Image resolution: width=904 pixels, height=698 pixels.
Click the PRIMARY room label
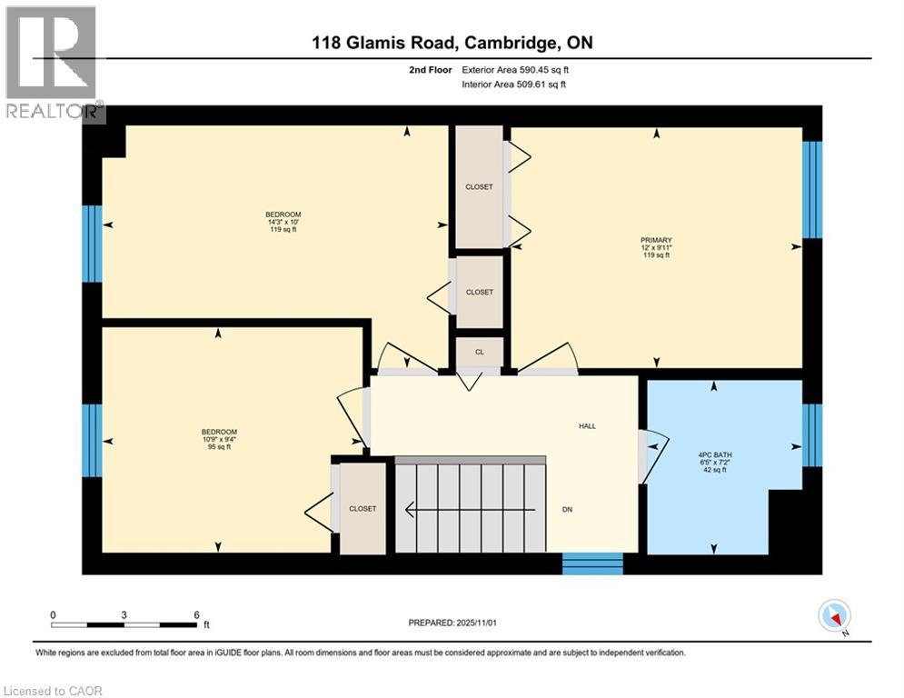(x=655, y=240)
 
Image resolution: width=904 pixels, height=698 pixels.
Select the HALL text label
(x=586, y=425)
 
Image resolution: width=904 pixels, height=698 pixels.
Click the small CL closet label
(x=479, y=352)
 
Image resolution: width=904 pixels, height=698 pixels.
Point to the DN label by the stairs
(x=566, y=509)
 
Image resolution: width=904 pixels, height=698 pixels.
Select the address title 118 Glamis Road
(x=451, y=42)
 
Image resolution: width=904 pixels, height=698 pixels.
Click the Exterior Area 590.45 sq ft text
(x=515, y=69)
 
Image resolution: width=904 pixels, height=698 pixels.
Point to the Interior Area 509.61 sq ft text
(x=515, y=85)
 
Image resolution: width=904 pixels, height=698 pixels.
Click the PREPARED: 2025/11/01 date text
(x=454, y=623)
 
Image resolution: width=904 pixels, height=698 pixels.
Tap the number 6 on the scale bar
(x=196, y=614)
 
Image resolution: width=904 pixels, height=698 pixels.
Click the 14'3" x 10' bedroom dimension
(x=283, y=222)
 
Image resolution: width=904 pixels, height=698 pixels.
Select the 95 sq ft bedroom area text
(x=219, y=447)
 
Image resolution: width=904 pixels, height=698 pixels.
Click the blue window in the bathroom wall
(x=812, y=434)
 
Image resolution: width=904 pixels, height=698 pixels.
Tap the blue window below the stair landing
(x=592, y=563)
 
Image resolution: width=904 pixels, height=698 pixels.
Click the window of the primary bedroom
(x=812, y=189)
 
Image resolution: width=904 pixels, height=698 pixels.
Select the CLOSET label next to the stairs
(x=363, y=509)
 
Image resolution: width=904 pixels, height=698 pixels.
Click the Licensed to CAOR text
(x=53, y=691)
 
